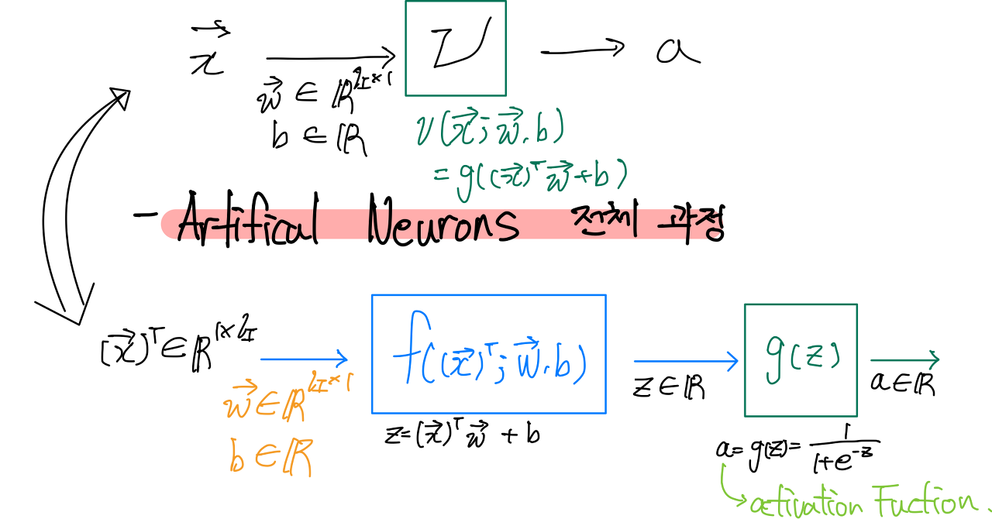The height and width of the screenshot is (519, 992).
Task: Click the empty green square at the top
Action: (x=456, y=49)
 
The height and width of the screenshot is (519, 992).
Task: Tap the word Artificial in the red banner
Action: (x=246, y=225)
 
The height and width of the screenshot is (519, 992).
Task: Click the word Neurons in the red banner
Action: (x=443, y=225)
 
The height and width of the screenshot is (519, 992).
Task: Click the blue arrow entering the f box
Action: (x=304, y=359)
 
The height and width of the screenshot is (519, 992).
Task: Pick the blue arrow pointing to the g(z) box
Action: (x=686, y=361)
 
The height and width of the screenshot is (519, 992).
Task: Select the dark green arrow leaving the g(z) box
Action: (x=904, y=359)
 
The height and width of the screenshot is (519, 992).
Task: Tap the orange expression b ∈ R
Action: (x=270, y=459)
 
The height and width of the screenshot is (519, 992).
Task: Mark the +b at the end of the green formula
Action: (x=597, y=179)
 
